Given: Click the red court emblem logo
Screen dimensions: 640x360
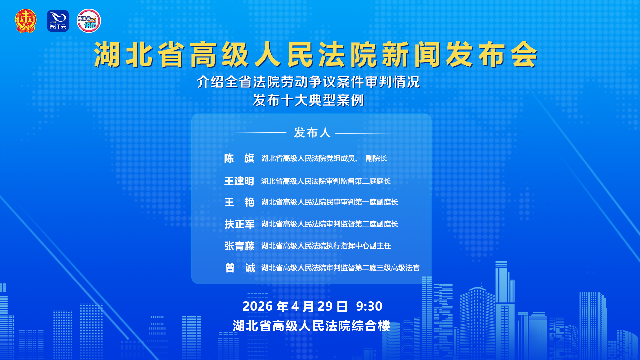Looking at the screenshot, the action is tap(26, 21).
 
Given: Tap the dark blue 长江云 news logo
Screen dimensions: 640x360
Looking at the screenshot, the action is tap(58, 21).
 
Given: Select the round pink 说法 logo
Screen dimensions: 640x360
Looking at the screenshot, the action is tap(89, 21).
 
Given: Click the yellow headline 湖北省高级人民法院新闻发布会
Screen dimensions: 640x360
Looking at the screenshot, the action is tap(315, 55).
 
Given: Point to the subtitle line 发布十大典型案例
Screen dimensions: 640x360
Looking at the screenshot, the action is tap(308, 100).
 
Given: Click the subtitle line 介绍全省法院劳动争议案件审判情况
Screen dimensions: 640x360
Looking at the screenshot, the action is tap(308, 82).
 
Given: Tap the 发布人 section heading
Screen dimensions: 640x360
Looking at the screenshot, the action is tap(312, 133).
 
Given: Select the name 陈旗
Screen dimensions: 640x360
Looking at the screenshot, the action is tap(239, 158).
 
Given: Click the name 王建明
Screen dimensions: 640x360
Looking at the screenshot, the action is tap(239, 181).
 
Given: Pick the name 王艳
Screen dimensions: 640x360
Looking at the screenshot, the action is tap(239, 202).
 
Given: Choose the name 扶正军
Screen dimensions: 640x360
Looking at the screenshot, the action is tap(239, 224).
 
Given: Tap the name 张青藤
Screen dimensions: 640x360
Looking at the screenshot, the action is tap(239, 246).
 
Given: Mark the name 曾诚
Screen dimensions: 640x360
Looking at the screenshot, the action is tap(240, 268).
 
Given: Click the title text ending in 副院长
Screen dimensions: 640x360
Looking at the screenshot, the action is tap(324, 158).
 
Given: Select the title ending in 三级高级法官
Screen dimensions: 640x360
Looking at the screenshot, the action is tap(340, 268).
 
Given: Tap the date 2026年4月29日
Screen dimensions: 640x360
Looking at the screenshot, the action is tap(295, 306).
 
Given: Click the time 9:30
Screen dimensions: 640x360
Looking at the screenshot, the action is tap(369, 306).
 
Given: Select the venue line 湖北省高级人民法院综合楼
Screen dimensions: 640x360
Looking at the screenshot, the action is tap(311, 326).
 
